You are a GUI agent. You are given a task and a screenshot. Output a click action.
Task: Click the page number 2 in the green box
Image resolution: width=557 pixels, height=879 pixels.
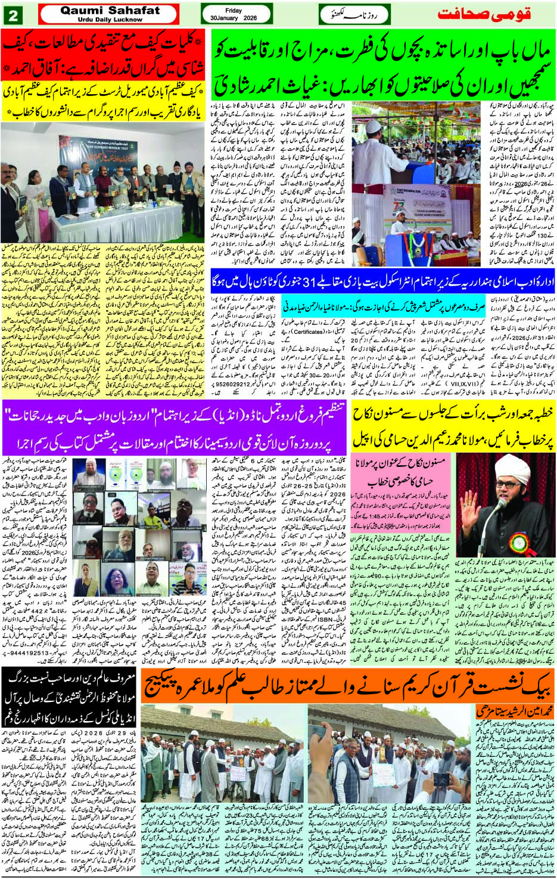(13, 14)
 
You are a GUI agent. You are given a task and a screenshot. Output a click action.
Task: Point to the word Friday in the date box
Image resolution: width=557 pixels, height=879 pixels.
(234, 11)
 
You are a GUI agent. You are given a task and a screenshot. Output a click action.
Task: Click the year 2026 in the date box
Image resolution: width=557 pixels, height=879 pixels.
(250, 18)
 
